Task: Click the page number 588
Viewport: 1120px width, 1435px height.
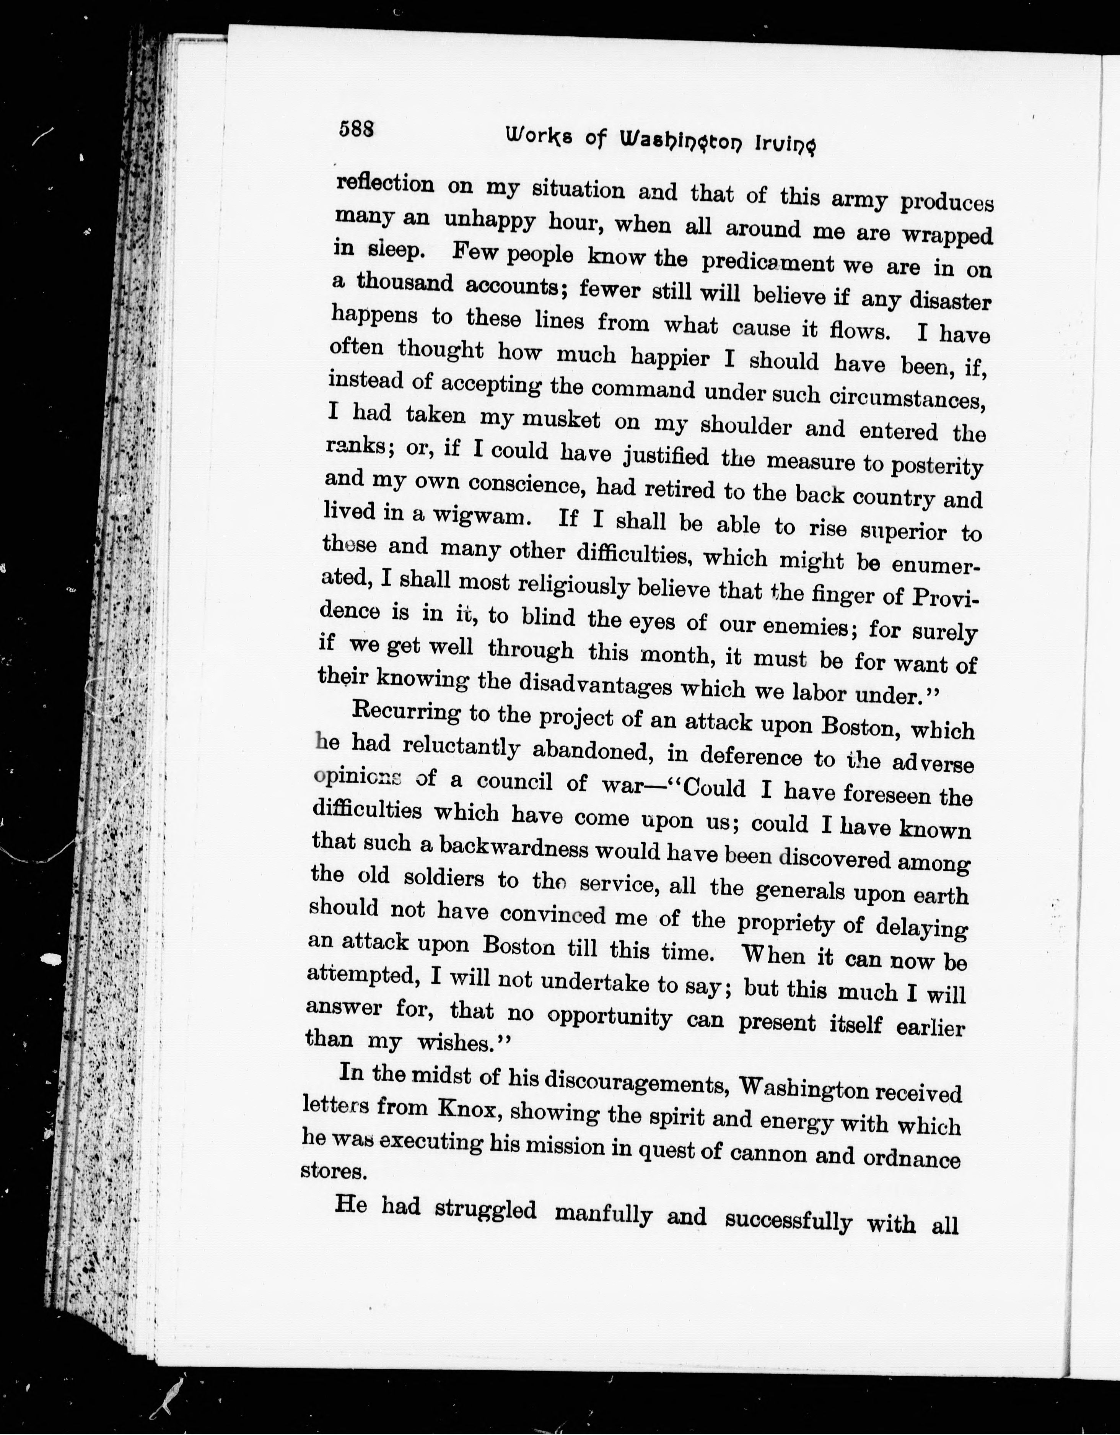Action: click(356, 129)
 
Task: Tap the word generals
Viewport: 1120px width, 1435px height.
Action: click(800, 891)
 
